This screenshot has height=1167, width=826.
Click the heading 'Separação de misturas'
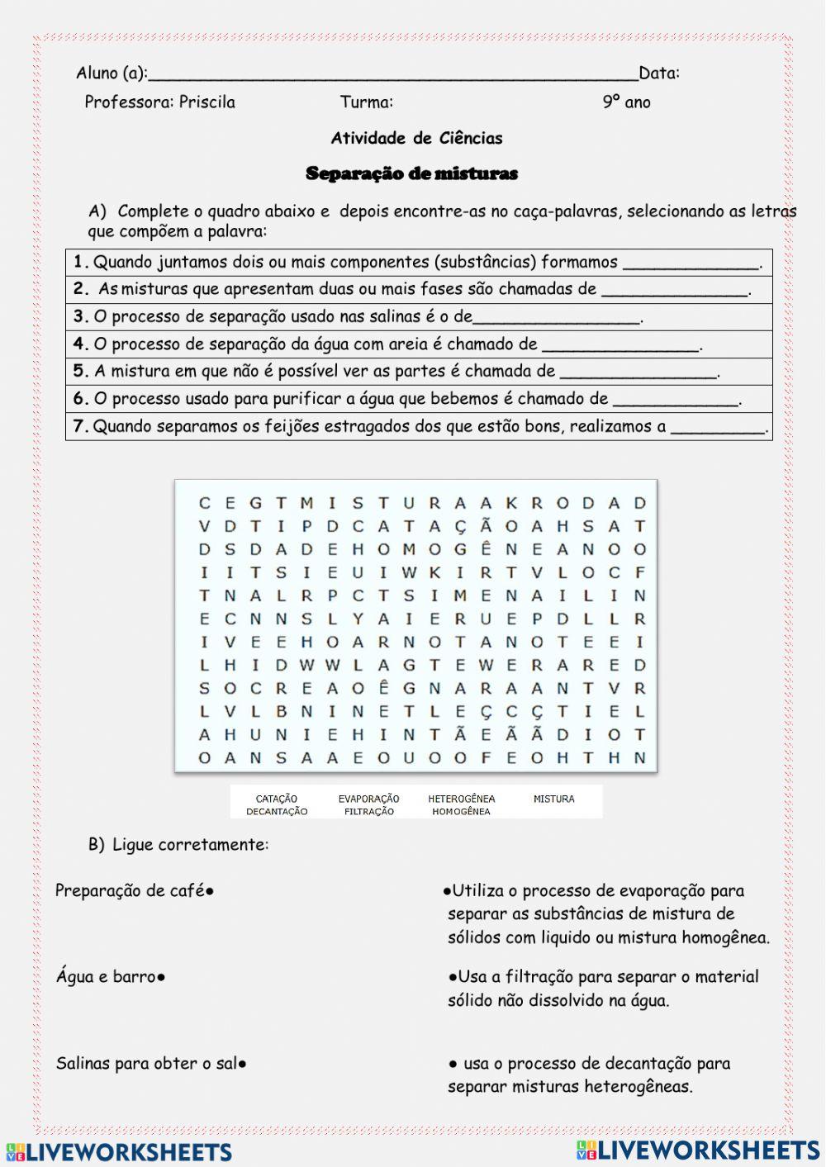(411, 173)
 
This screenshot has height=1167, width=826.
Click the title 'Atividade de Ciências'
(416, 138)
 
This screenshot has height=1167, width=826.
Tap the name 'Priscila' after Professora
(207, 102)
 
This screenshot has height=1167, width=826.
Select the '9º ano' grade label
(626, 102)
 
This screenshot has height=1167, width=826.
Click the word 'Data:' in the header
(659, 73)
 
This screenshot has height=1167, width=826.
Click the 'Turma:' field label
(366, 102)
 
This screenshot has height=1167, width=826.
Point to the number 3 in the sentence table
(79, 316)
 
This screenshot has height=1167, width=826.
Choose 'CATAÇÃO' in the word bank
(277, 799)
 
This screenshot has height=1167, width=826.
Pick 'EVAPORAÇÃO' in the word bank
(368, 799)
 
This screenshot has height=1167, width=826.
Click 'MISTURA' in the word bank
(553, 799)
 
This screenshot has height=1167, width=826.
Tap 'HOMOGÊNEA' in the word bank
(461, 811)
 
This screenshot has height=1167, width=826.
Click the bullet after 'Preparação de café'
(211, 892)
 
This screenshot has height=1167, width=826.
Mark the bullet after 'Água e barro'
(161, 978)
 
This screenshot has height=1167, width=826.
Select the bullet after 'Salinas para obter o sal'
(242, 1064)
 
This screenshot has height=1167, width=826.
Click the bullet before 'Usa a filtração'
(453, 977)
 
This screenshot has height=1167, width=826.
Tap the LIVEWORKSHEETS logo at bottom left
(119, 1152)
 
